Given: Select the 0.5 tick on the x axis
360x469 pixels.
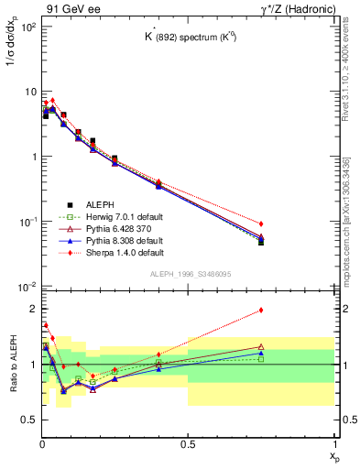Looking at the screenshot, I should click(188, 444).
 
